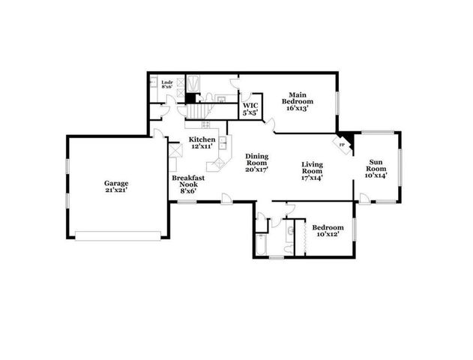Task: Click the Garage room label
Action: coord(116,182)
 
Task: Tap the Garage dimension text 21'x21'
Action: coord(116,190)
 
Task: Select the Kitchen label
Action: coord(202,140)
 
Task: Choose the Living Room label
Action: coord(312,171)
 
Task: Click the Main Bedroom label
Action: coord(298,100)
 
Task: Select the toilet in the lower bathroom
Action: coord(288,245)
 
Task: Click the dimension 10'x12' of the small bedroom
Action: coord(328,235)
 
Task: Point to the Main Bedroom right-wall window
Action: coord(337,100)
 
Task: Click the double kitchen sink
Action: coord(218,163)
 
